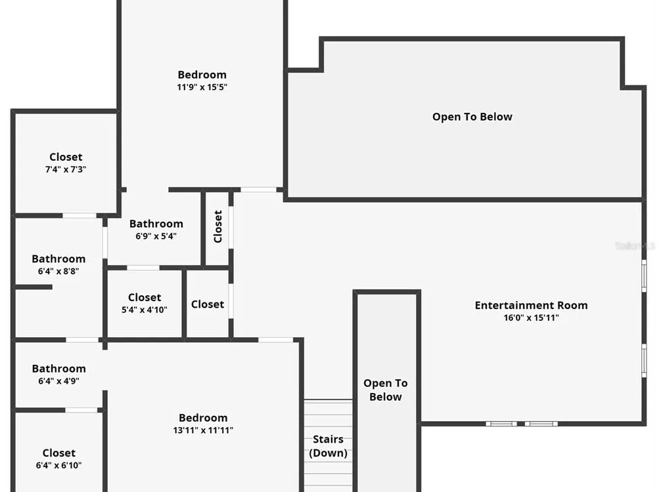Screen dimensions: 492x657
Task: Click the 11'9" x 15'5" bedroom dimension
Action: point(202,87)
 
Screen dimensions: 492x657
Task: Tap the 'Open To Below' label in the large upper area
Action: point(472,117)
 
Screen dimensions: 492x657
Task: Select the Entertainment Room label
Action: point(531,305)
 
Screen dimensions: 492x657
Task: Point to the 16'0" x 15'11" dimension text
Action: point(531,318)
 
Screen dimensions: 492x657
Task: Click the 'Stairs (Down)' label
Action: point(328,446)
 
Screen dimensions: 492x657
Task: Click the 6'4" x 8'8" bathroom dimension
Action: point(58,271)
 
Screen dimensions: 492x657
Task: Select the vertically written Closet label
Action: point(217,226)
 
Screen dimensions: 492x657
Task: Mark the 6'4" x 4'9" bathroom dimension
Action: point(58,380)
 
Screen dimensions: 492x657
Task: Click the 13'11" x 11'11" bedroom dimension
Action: point(203,430)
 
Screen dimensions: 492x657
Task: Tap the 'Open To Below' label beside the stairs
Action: point(386,390)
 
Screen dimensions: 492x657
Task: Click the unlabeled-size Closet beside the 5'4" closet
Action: point(208,304)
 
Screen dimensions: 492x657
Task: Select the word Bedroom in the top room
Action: point(202,75)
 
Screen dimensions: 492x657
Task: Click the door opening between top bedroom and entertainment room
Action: point(258,190)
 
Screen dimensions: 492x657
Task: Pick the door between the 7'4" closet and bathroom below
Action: point(79,215)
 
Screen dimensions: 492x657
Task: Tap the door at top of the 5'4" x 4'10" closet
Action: point(143,268)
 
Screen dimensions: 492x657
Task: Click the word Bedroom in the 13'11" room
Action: point(203,418)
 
